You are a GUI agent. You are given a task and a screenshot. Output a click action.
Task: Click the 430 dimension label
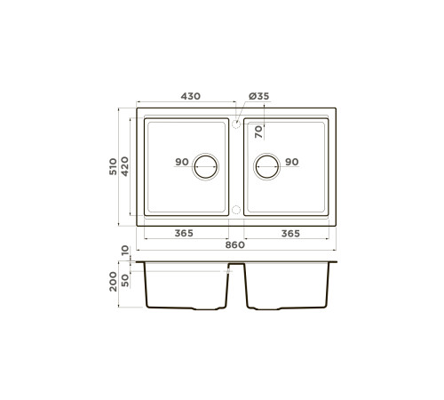click(189, 95)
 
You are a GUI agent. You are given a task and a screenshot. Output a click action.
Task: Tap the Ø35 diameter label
click(258, 95)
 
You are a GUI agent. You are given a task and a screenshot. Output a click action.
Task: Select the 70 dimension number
click(258, 132)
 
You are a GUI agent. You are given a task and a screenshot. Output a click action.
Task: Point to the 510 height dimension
click(113, 166)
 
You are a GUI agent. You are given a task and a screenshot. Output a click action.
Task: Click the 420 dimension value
click(126, 166)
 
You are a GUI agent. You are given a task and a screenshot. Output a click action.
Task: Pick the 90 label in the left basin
click(181, 162)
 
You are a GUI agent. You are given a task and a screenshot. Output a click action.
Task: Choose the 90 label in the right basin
click(291, 162)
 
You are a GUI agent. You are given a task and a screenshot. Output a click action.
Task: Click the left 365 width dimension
click(184, 233)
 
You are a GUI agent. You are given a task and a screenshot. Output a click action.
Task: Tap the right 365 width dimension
click(289, 233)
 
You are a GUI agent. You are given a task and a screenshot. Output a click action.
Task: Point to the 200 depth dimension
click(113, 284)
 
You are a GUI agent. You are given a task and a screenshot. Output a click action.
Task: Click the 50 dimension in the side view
click(126, 279)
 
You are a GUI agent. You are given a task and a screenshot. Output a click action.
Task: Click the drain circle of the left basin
click(206, 164)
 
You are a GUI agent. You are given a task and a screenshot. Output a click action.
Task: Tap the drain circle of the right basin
click(266, 164)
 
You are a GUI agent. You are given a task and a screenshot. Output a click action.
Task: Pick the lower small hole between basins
click(236, 210)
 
